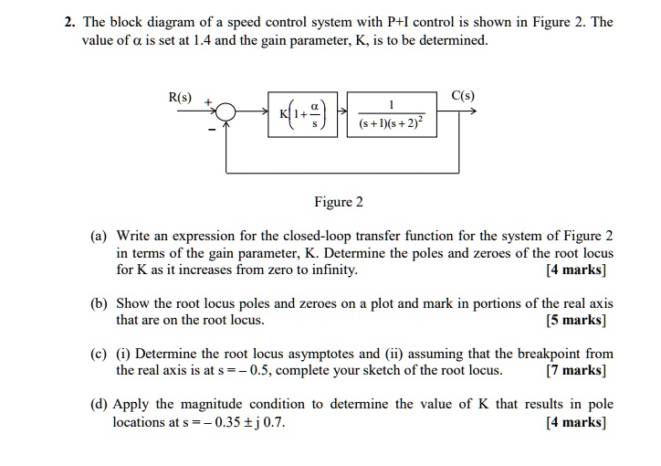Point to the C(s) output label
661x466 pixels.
pyautogui.click(x=464, y=96)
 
